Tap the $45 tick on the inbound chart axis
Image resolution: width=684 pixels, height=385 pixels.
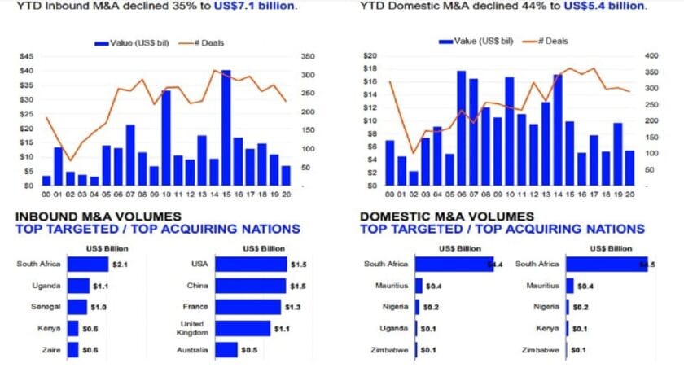point(26,56)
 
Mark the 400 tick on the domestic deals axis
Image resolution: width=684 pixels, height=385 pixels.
point(651,56)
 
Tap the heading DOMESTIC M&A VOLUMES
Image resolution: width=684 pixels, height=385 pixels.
point(446,217)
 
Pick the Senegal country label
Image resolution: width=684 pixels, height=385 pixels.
point(45,308)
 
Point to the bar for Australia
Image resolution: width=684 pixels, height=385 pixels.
point(226,350)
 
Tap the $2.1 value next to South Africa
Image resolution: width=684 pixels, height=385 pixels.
point(120,265)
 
